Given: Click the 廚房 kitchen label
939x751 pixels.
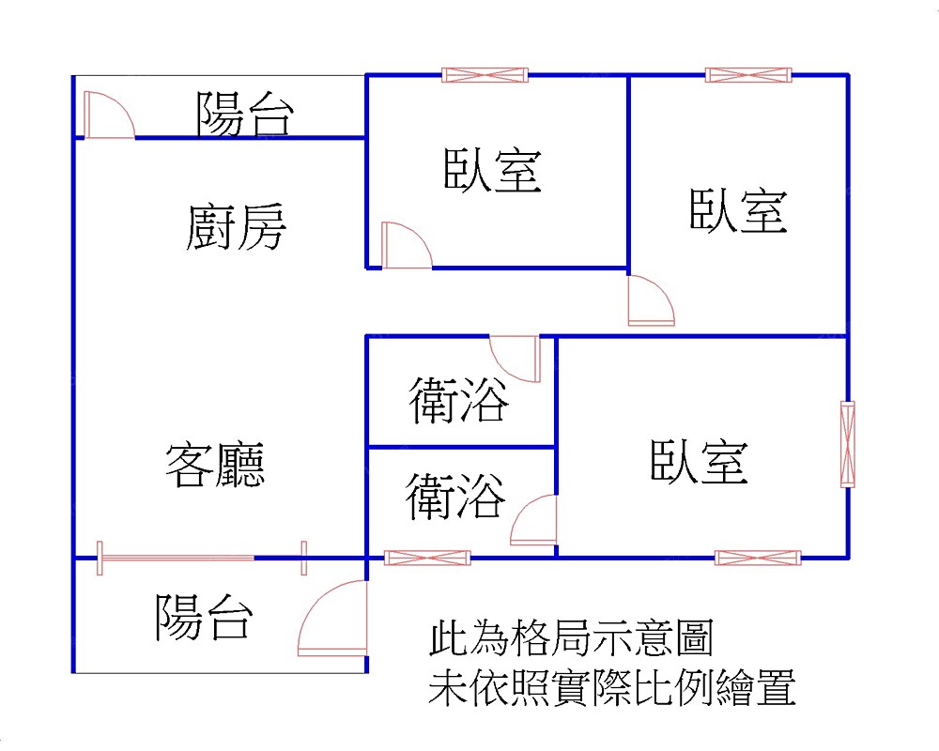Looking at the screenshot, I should [x=236, y=228].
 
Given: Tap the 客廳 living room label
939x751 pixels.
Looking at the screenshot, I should [x=215, y=465].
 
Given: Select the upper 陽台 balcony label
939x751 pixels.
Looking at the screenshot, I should [x=245, y=114].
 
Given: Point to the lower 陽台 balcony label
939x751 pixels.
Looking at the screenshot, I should [x=204, y=617].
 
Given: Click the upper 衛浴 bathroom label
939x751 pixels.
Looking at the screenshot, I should [x=459, y=401].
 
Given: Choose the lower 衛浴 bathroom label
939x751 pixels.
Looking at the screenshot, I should [x=455, y=497].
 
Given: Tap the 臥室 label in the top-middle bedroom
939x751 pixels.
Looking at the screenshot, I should [x=492, y=171].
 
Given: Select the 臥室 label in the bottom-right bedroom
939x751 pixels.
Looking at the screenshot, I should [x=699, y=462].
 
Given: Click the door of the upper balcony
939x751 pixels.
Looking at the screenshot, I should [x=107, y=115].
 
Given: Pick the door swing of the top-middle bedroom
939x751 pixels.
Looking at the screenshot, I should [x=406, y=246].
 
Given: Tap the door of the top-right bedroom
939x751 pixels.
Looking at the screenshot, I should [x=650, y=300].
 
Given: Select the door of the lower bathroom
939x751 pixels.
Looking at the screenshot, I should [x=534, y=521].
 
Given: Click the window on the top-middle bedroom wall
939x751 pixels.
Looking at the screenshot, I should [x=485, y=75].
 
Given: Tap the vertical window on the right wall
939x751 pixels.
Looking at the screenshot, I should [x=848, y=444].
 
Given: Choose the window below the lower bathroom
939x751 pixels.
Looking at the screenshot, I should [x=427, y=558].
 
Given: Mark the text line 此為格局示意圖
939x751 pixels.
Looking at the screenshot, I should [x=571, y=640].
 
